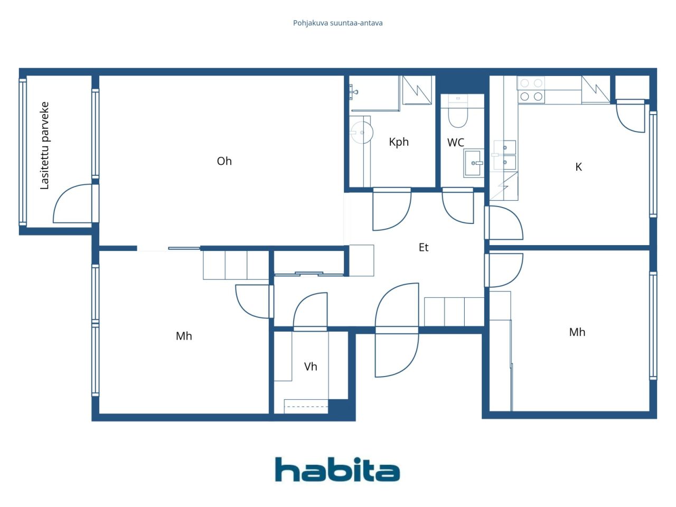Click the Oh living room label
224,161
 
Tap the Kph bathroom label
399,142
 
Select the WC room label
455,143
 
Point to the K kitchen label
578,167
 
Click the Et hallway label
424,247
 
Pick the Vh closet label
311,367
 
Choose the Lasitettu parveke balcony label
45,146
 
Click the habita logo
337,470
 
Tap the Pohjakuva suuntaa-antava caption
338,23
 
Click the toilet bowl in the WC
458,117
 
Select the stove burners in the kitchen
531,90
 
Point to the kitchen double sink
504,155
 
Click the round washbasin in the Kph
362,133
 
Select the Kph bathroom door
392,209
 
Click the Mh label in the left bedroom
184,336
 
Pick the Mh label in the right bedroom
577,332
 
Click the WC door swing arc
457,206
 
